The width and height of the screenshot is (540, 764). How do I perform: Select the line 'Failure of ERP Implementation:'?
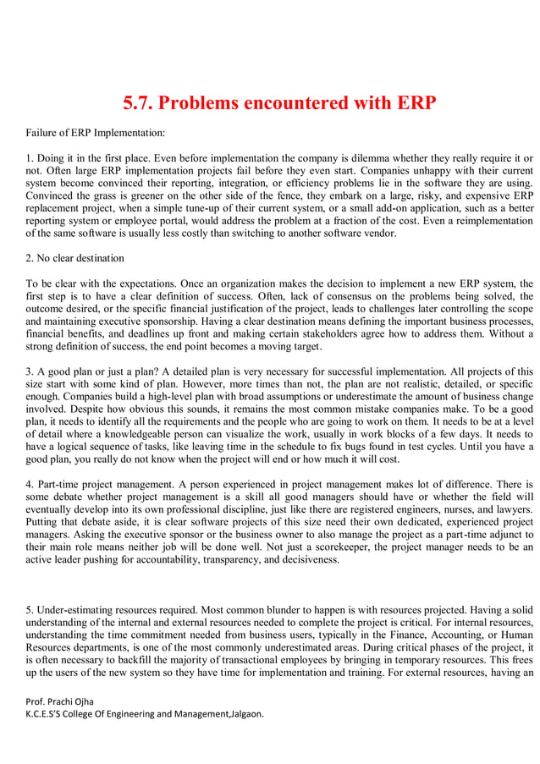pos(95,133)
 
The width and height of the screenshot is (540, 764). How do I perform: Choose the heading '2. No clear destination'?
pos(74,258)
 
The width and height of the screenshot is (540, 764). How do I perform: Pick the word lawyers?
pos(513,510)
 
